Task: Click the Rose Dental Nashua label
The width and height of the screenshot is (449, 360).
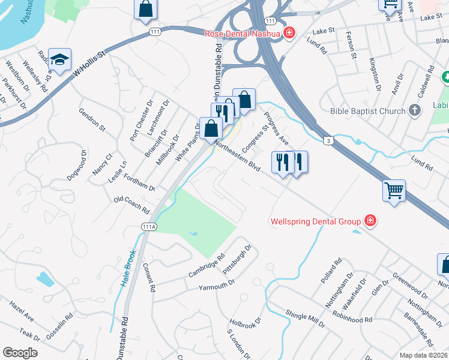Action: (x=243, y=33)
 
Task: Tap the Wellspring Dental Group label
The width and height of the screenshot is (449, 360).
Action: (x=315, y=221)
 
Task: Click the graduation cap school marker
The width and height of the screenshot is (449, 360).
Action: (x=59, y=59)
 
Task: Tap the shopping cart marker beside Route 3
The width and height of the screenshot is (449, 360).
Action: (x=394, y=191)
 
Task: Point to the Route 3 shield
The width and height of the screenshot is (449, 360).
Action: (x=328, y=140)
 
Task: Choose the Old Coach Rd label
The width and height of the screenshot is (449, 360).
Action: (x=131, y=205)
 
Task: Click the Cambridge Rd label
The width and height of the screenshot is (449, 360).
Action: (x=206, y=265)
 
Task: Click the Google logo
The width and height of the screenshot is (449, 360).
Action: (x=20, y=352)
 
